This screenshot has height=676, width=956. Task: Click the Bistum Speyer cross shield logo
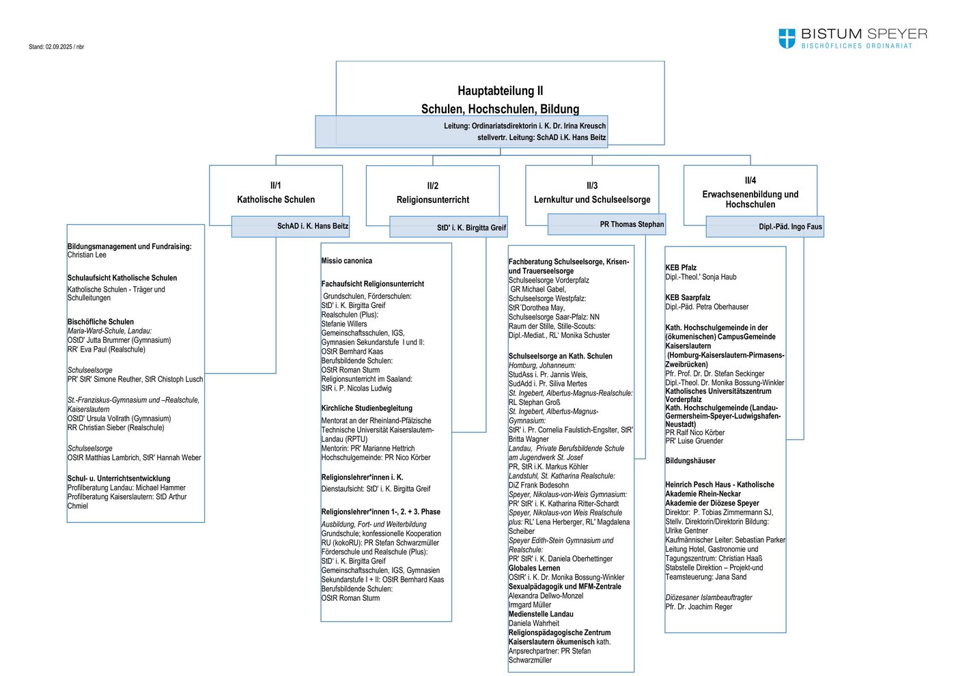click(x=787, y=38)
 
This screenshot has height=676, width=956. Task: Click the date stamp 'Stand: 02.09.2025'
click(x=51, y=47)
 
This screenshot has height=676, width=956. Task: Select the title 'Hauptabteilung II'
click(x=500, y=90)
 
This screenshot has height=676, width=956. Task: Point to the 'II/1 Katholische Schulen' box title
click(x=276, y=193)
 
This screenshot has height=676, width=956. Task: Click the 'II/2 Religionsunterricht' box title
click(x=433, y=193)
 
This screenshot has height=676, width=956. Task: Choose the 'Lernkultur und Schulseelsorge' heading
click(x=592, y=199)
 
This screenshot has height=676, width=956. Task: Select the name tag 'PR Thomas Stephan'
click(x=632, y=224)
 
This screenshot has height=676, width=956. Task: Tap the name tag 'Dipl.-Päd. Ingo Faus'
click(x=790, y=227)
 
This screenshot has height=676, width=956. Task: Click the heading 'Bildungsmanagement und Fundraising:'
click(x=129, y=247)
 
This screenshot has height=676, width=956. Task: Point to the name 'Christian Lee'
click(x=87, y=255)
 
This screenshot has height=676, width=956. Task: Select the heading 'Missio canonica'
click(x=347, y=261)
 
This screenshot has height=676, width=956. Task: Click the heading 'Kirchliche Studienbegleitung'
click(x=367, y=408)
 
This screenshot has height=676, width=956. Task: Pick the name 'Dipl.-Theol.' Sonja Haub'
click(x=701, y=277)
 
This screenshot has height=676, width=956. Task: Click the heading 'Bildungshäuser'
click(x=690, y=461)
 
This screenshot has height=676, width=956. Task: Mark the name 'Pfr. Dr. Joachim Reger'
click(x=699, y=607)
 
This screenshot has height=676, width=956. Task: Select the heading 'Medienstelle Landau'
click(x=541, y=614)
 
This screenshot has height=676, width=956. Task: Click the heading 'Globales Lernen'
click(x=534, y=568)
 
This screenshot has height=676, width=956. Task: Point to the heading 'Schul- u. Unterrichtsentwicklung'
click(x=119, y=479)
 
